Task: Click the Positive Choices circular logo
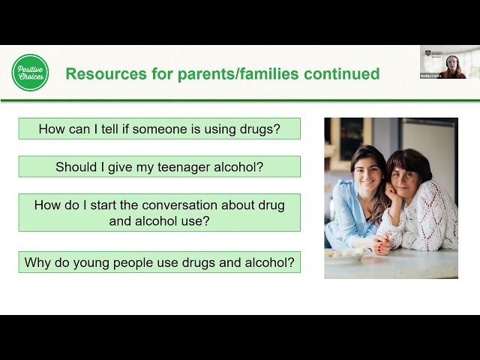(x=30, y=73)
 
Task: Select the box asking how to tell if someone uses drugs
(x=159, y=129)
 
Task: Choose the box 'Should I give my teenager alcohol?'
(x=159, y=166)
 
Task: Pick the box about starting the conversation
(x=159, y=212)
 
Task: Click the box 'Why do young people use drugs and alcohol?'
(x=159, y=262)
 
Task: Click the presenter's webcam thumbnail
(x=449, y=62)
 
